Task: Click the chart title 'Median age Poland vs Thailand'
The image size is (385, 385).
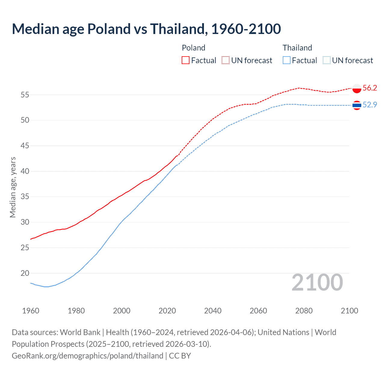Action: click(x=146, y=29)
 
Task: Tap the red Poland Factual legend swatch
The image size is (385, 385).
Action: click(x=186, y=60)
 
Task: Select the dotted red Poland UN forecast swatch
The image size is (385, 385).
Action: click(x=226, y=60)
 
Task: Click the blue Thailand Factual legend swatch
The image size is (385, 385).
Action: click(x=287, y=60)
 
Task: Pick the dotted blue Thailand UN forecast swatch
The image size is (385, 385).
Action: click(x=327, y=60)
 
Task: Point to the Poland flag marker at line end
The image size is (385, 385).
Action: click(x=357, y=88)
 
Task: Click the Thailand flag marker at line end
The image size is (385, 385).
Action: click(x=357, y=105)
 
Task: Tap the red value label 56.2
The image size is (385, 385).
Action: click(x=370, y=88)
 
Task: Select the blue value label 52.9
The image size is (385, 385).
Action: click(x=370, y=105)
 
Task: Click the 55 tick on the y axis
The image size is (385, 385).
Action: click(x=25, y=95)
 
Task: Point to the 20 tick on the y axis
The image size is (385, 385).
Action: click(x=25, y=273)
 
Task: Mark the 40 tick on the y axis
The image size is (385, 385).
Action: click(x=25, y=171)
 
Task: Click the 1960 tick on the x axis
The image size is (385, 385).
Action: click(x=31, y=311)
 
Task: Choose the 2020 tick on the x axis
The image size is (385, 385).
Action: click(x=167, y=311)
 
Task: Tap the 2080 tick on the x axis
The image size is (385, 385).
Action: click(x=304, y=311)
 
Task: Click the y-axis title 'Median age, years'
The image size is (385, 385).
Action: click(x=13, y=187)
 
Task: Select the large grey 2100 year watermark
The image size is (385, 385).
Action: click(x=317, y=282)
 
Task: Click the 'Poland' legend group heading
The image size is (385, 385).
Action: click(x=193, y=48)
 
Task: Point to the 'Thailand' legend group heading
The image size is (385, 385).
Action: click(x=297, y=48)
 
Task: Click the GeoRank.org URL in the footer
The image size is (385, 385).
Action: click(x=87, y=356)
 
